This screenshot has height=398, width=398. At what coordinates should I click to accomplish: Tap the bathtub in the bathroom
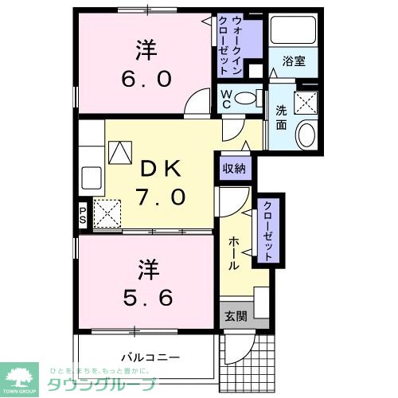pyautogui.click(x=293, y=29)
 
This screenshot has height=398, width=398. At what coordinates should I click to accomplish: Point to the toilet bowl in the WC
pyautogui.click(x=249, y=98)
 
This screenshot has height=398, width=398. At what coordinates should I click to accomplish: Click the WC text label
pyautogui.click(x=226, y=98)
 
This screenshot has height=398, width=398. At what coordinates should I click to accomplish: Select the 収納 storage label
pyautogui.click(x=234, y=169)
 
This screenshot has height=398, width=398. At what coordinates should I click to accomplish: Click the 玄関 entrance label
pyautogui.click(x=234, y=314)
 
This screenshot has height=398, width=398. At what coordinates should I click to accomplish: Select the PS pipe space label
pyautogui.click(x=83, y=216)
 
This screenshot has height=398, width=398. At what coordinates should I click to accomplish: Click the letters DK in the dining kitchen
pyautogui.click(x=162, y=169)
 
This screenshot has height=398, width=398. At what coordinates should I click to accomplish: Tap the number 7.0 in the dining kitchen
pyautogui.click(x=162, y=195)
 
